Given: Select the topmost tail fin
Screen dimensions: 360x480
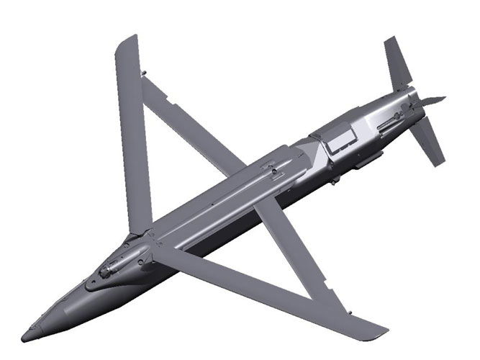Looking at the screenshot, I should click(x=397, y=61).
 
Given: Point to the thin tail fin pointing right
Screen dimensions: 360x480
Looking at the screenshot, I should click(x=432, y=101).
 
